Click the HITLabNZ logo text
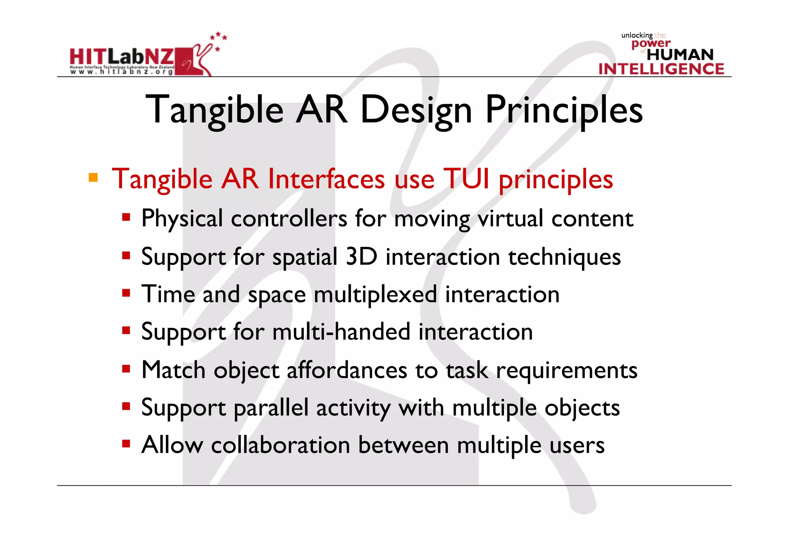tap(122, 57)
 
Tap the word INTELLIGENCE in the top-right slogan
tap(661, 69)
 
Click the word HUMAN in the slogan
tap(680, 55)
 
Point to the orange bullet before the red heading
tap(93, 177)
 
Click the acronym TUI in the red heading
tap(466, 179)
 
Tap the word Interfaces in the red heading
tap(326, 179)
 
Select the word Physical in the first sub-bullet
tap(182, 219)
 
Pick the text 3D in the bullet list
tap(361, 256)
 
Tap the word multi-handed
tap(341, 332)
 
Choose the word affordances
tap(347, 370)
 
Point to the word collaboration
tap(280, 445)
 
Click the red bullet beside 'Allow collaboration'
tap(126, 444)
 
